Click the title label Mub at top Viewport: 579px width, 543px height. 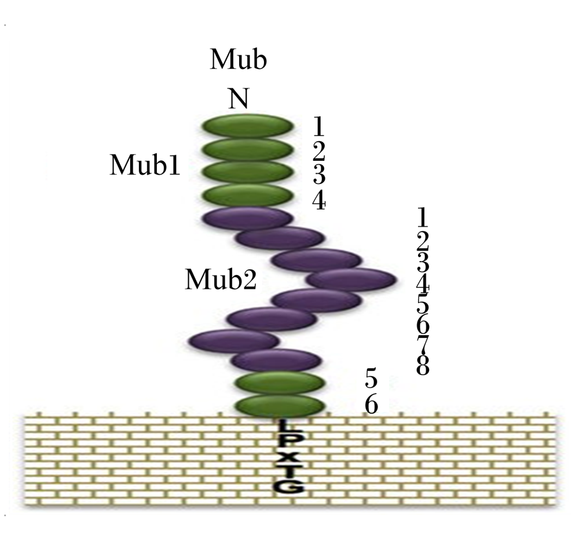[239, 59]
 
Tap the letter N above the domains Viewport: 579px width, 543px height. [239, 98]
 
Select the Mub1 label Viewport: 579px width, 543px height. [145, 164]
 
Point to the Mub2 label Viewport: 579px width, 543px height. [221, 279]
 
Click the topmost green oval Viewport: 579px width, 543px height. [248, 126]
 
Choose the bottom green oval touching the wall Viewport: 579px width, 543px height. [280, 406]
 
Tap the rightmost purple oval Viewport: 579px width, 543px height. [351, 280]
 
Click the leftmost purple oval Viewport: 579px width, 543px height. [234, 341]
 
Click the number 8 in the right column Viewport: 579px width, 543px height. [423, 365]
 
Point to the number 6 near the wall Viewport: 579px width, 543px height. [372, 405]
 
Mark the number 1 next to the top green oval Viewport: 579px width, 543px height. [318, 126]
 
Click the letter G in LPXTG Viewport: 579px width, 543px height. [290, 486]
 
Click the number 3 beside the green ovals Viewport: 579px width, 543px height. [319, 175]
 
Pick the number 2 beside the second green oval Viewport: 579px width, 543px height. [318, 151]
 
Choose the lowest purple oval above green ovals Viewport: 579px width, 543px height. [276, 360]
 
